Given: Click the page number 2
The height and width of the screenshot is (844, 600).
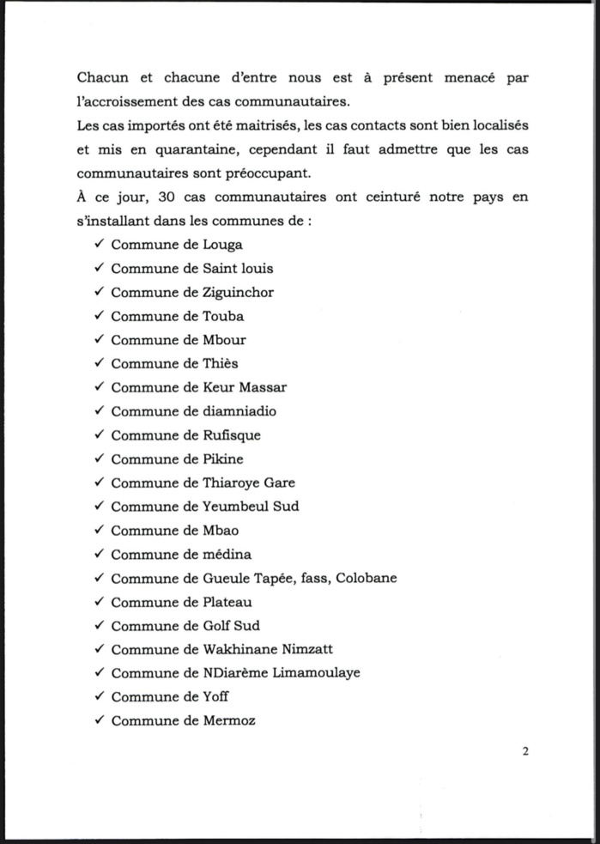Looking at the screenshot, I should pos(525,751).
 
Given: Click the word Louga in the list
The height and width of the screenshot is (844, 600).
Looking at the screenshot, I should pos(222,245).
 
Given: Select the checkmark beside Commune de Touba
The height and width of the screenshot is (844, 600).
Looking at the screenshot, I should pos(100,316).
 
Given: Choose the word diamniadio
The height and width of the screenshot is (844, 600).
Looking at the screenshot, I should pos(239,411).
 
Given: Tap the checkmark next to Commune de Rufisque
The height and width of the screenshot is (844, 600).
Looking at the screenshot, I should pos(100,435).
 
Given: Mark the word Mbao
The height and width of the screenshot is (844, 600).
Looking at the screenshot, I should pos(221,531).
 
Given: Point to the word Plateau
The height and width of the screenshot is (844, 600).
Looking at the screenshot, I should pos(229,602).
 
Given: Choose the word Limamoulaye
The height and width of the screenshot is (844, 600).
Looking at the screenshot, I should pos(317,672).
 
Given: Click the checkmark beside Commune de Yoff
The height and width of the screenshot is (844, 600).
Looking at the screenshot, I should pos(100,696).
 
